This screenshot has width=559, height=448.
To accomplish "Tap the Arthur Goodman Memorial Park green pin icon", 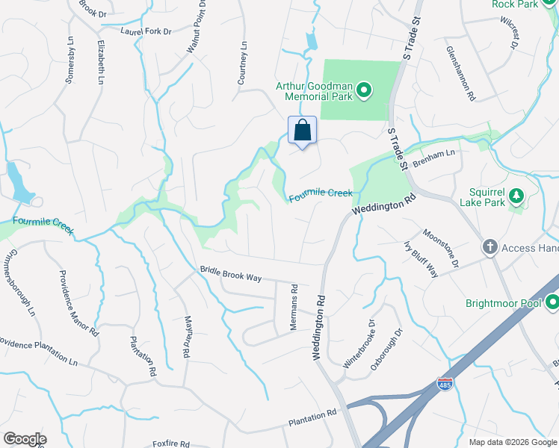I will tap(364, 92).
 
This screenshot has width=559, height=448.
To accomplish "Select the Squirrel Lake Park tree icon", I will tap(516, 196).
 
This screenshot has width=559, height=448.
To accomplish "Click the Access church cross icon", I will tap(490, 247).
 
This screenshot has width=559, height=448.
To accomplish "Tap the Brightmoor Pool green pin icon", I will tap(552, 303).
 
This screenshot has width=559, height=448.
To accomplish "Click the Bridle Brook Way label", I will tap(230, 274).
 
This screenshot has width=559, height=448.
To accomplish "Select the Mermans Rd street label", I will tap(294, 307).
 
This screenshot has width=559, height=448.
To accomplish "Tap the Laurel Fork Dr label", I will tap(146, 31).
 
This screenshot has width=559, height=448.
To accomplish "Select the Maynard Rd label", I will tap(186, 335).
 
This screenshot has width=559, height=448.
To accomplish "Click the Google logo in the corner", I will tap(25, 439).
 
